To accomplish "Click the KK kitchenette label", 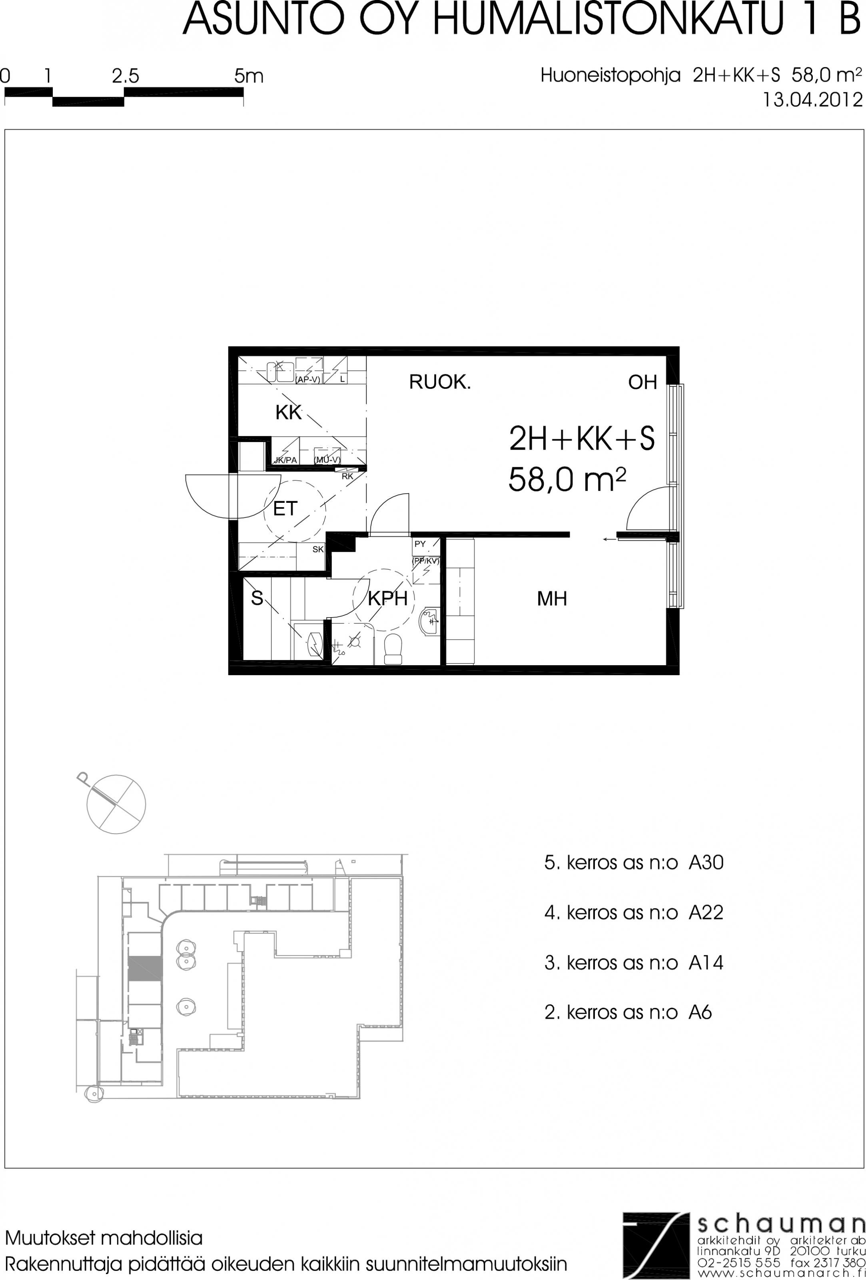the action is point(289,412).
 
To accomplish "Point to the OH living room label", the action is point(643,382).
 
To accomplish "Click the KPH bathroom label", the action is point(387,598).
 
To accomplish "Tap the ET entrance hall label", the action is point(285,508).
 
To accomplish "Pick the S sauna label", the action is point(257,598).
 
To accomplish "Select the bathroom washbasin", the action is point(429,621).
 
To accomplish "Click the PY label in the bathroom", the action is point(420,544).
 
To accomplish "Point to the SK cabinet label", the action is point(318,549).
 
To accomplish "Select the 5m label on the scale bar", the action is point(249,76).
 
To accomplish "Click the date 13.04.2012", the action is point(812,100).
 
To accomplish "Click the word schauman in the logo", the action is point(781,1224).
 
